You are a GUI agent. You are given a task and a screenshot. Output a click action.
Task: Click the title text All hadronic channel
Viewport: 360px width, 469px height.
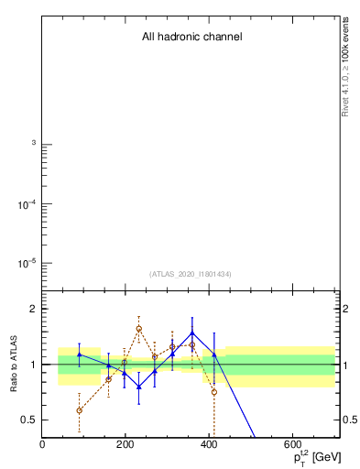(191, 38)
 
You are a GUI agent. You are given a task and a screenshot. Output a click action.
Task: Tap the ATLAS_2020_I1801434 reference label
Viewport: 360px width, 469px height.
(190, 274)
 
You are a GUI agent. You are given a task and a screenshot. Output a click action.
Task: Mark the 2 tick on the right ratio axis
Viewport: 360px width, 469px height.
(342, 309)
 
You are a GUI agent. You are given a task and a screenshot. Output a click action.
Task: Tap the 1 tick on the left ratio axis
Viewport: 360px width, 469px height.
(33, 365)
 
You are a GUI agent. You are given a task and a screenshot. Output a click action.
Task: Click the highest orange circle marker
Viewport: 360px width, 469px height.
(138, 328)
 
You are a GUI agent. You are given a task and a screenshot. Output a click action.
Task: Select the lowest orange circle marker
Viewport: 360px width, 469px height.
(80, 410)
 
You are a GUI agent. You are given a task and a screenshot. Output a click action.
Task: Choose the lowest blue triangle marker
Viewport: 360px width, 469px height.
(138, 387)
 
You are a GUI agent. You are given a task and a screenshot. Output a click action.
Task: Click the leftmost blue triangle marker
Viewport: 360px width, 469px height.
(80, 354)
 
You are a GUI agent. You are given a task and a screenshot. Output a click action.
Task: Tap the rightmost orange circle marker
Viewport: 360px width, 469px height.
(213, 392)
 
